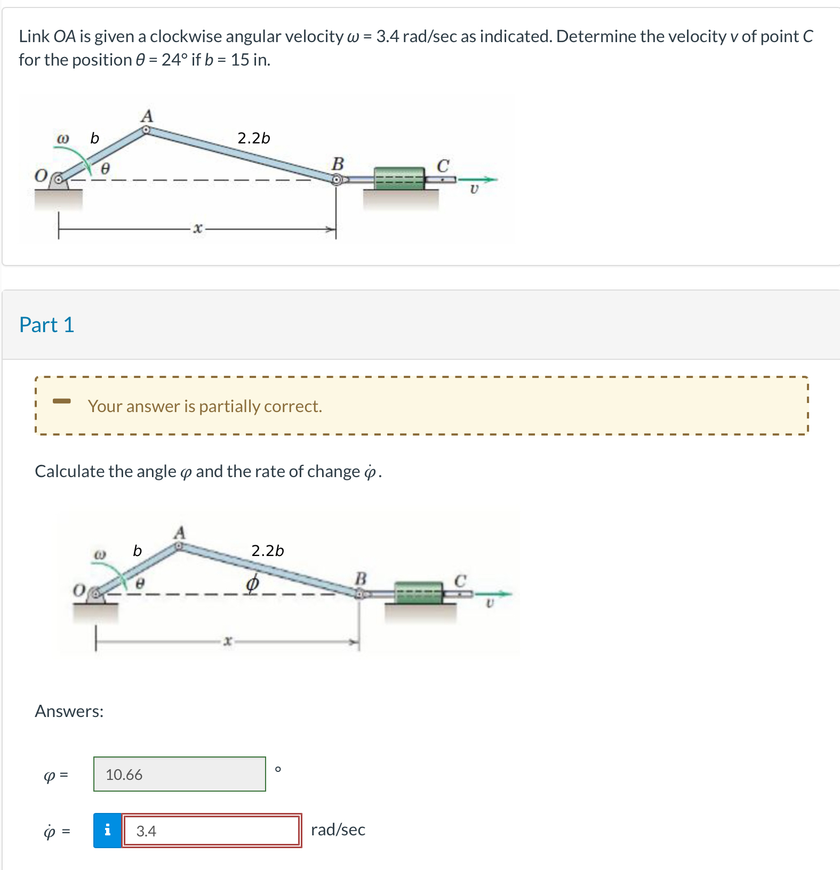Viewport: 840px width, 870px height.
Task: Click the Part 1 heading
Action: [46, 325]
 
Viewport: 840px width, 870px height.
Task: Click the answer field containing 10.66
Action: [179, 774]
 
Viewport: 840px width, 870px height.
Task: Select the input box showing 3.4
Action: [212, 831]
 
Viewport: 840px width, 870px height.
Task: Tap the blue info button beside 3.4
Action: [108, 831]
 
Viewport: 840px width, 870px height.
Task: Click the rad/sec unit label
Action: [338, 829]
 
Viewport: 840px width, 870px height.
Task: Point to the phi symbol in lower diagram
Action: [252, 583]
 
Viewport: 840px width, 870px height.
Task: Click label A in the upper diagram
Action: [147, 116]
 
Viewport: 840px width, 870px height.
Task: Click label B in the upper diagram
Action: [338, 163]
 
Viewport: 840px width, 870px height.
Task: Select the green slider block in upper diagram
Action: [399, 178]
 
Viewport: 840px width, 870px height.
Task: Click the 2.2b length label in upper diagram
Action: [253, 138]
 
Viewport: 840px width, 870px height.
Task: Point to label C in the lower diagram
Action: [460, 580]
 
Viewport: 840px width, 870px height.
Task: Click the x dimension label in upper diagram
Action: [198, 229]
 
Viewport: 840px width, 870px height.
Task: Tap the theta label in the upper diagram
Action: [105, 168]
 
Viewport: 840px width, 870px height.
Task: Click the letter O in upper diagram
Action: [41, 175]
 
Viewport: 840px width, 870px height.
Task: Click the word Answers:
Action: [69, 711]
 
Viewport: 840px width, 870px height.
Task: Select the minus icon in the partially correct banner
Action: [61, 400]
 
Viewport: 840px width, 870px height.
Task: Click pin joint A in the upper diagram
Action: [146, 129]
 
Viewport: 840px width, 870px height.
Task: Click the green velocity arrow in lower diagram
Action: [493, 593]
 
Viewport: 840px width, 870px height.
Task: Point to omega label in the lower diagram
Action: [100, 554]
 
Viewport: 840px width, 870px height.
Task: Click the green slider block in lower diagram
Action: [419, 593]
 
